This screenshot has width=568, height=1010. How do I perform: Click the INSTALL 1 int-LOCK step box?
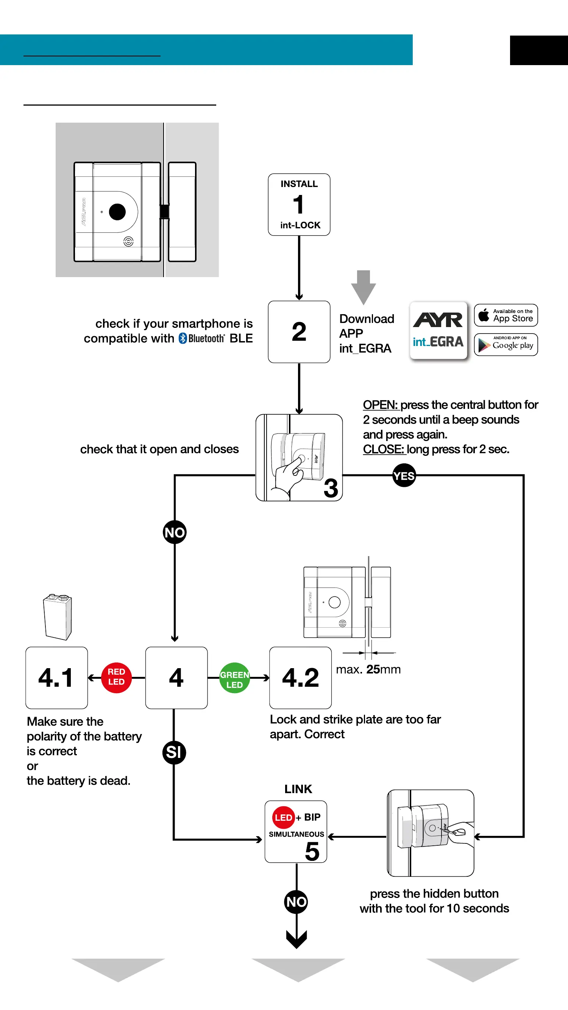pos(299,205)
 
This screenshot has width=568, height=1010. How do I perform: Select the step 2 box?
pos(299,332)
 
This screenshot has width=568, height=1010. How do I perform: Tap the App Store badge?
pos(506,315)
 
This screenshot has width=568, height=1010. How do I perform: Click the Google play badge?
pos(506,344)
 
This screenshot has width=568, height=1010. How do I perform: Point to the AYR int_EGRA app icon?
pos(438,331)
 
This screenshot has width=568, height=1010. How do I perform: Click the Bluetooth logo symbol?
pos(183,338)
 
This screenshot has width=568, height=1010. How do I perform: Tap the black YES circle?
pos(404,475)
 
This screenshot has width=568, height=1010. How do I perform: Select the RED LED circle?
pos(117,677)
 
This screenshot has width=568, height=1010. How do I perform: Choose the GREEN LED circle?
pos(234,678)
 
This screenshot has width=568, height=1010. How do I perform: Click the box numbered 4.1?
pos(56,678)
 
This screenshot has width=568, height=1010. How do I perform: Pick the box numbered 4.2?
pos(301,678)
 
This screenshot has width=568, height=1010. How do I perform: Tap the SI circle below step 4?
pos(174,753)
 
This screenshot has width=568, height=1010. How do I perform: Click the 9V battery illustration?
pos(57,617)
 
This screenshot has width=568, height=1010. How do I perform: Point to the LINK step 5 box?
pos(296,831)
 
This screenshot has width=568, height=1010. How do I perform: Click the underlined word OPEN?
pos(380,405)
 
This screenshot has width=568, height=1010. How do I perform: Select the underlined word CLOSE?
pos(383,449)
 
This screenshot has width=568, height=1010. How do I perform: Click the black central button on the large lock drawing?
pos(117,212)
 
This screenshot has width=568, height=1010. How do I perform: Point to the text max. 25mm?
pos(368,669)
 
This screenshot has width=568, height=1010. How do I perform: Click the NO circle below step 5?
pos(296,902)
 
